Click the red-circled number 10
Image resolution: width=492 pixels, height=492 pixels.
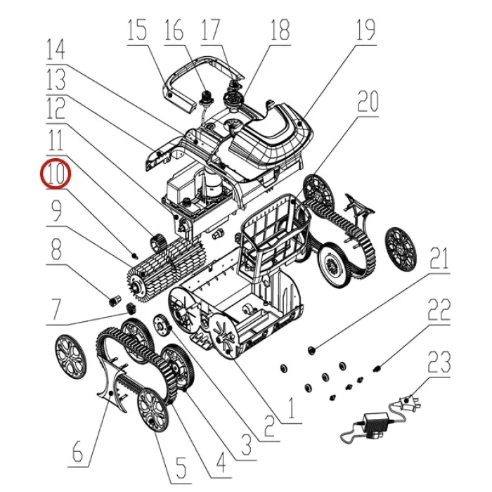click(x=56, y=174)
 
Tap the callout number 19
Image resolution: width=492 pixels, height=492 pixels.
click(x=366, y=30)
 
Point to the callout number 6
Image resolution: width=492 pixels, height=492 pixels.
click(x=77, y=451)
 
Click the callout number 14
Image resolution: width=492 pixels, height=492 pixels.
click(x=56, y=49)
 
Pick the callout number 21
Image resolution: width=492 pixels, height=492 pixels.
click(x=439, y=258)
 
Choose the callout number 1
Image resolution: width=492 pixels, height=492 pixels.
click(x=292, y=408)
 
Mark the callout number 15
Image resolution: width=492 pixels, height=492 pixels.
click(x=137, y=30)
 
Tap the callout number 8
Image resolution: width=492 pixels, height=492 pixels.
click(x=56, y=250)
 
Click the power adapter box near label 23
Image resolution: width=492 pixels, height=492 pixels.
click(x=375, y=423)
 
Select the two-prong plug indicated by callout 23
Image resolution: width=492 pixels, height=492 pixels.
click(x=408, y=402)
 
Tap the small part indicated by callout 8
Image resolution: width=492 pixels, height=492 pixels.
click(x=115, y=301)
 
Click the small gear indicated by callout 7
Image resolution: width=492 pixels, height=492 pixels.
click(x=131, y=309)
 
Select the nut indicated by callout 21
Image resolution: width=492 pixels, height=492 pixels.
click(x=311, y=349)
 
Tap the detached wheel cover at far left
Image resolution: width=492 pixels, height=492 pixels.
click(x=70, y=357)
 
